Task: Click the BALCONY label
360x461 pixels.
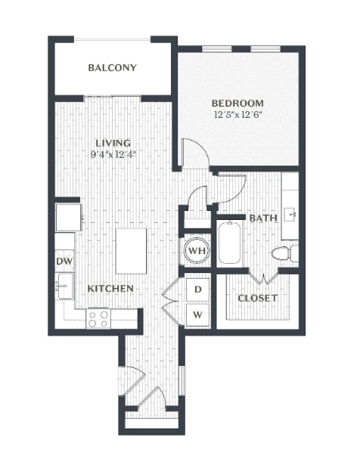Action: pyautogui.click(x=113, y=67)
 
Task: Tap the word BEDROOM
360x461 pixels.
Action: pyautogui.click(x=237, y=104)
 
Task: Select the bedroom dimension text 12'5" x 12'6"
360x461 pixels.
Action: pyautogui.click(x=238, y=114)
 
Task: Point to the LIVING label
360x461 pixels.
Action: pyautogui.click(x=113, y=143)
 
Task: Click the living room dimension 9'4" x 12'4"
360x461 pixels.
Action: pyautogui.click(x=113, y=154)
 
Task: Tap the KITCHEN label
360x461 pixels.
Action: pyautogui.click(x=110, y=289)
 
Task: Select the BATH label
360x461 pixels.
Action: pyautogui.click(x=263, y=218)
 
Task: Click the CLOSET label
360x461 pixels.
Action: pyautogui.click(x=257, y=298)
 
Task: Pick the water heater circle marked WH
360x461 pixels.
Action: pyautogui.click(x=197, y=250)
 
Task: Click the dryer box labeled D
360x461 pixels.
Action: pyautogui.click(x=197, y=289)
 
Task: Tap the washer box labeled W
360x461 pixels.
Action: pyautogui.click(x=197, y=315)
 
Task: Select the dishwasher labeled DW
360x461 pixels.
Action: pyautogui.click(x=64, y=261)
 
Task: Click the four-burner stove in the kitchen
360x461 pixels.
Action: pyautogui.click(x=98, y=319)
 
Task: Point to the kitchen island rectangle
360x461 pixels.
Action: pyautogui.click(x=131, y=252)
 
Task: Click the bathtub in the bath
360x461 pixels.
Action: pyautogui.click(x=230, y=243)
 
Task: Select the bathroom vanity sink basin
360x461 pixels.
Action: pyautogui.click(x=290, y=215)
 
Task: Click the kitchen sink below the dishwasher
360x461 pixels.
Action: pyautogui.click(x=64, y=286)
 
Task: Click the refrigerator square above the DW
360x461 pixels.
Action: pyautogui.click(x=69, y=218)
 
